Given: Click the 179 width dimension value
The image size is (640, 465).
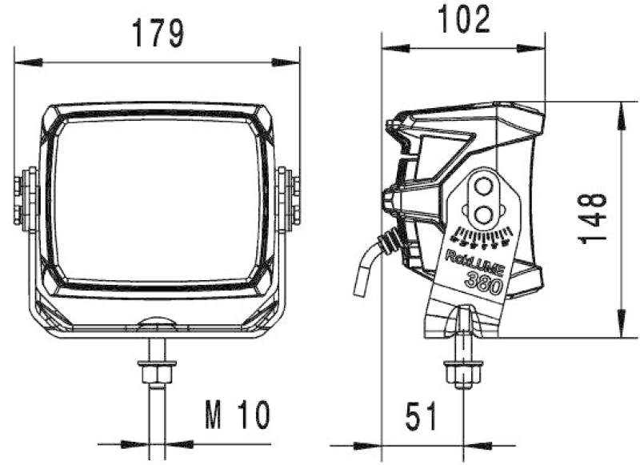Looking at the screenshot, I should [x=158, y=33].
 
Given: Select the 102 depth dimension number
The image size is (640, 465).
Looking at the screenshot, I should [x=462, y=18].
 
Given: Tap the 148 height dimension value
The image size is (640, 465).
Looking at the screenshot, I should [x=593, y=218].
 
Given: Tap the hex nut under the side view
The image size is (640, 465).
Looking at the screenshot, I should [x=462, y=373].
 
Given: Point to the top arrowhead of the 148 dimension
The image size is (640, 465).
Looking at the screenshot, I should [x=620, y=114].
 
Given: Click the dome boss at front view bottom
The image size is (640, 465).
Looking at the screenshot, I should [x=157, y=322].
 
